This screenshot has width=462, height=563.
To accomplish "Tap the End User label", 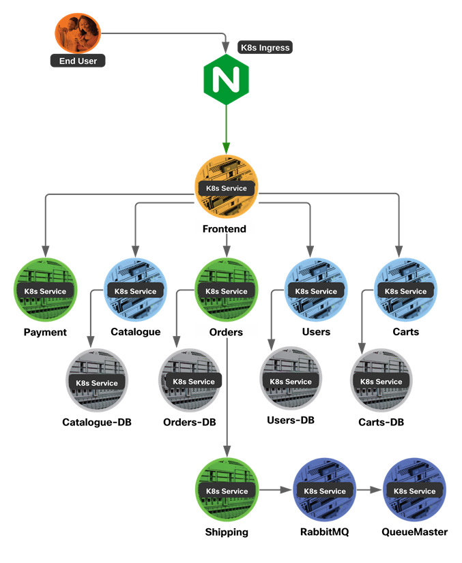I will point(78,61).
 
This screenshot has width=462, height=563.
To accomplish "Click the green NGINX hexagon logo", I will point(226,80).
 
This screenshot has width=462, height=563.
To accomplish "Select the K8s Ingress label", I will point(265,48).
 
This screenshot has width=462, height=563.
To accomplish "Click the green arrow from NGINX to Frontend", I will point(226,126).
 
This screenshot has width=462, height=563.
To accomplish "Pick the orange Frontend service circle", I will point(227,187).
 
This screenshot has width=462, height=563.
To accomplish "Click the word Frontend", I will point(225,229).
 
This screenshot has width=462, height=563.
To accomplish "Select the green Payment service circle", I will point(46,290).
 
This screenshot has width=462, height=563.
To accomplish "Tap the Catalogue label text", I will point(136,332).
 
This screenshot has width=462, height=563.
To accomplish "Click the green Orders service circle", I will point(227,290).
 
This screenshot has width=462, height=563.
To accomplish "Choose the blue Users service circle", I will point(315,290).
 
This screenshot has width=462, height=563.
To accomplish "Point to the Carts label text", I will point(405,332).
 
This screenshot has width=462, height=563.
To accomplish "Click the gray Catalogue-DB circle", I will point(97,381).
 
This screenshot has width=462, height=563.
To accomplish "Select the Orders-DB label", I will point(190,423).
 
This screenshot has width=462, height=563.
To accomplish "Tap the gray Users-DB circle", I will point(291,380).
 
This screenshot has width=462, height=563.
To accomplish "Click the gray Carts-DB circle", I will point(381,381).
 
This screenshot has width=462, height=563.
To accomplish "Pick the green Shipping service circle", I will point(227,490).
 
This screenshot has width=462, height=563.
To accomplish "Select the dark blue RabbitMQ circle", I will point(324,490).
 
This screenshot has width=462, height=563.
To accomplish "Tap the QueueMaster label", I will point(414,532).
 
